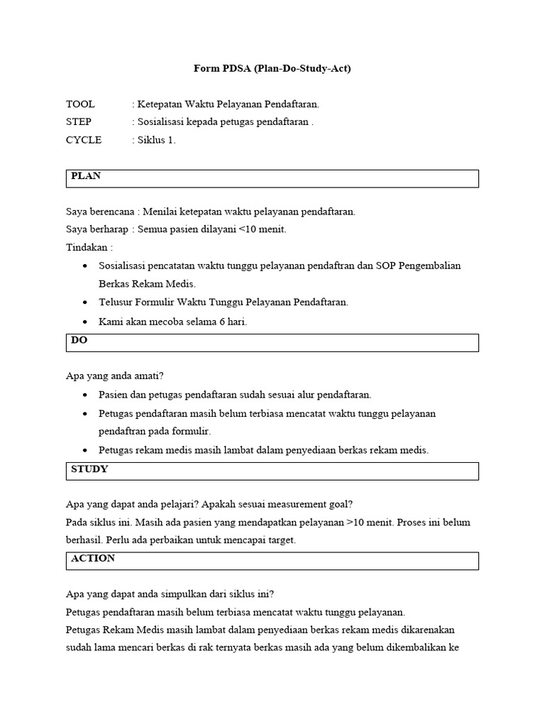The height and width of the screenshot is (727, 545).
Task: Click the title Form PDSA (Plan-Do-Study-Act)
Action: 272,69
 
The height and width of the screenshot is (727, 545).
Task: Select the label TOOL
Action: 80,104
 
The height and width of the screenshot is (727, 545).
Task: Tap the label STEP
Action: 79,121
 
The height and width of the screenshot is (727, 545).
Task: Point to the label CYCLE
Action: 84,140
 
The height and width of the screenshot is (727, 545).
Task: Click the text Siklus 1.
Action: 156,140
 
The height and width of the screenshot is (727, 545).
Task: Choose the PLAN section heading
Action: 86,176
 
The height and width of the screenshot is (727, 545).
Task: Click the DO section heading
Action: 79,340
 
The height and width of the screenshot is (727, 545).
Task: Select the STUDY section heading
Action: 89,469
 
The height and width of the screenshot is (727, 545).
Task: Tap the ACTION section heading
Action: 93,559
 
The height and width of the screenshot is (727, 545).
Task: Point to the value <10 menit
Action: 263,229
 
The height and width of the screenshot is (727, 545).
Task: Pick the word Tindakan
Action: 87,248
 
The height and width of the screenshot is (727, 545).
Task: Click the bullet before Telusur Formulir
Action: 86,302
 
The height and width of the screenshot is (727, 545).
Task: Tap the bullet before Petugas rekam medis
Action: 86,450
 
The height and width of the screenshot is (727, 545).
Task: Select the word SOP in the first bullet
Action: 387,266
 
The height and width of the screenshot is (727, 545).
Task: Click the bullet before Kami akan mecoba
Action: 86,321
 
